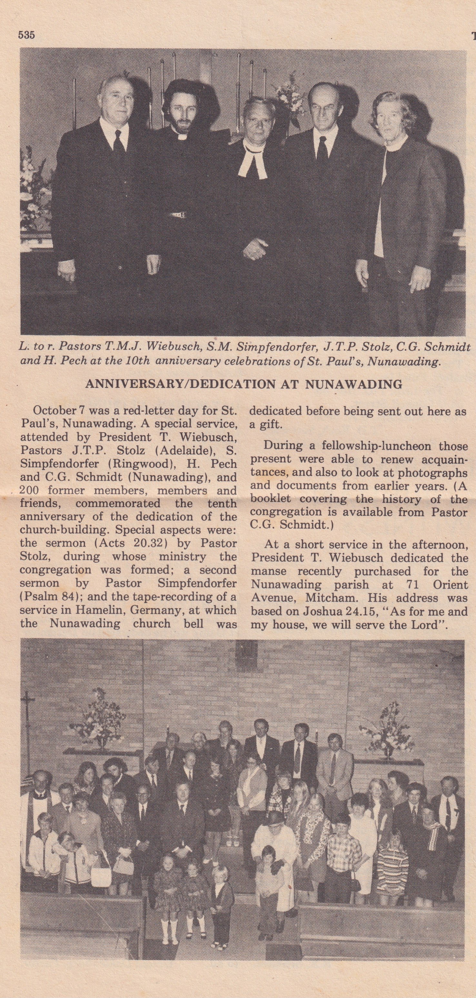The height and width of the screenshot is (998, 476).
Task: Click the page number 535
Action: coord(26,35)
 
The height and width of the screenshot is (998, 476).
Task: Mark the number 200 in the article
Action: coord(29,490)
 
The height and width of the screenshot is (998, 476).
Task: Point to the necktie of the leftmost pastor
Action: coord(119,144)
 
